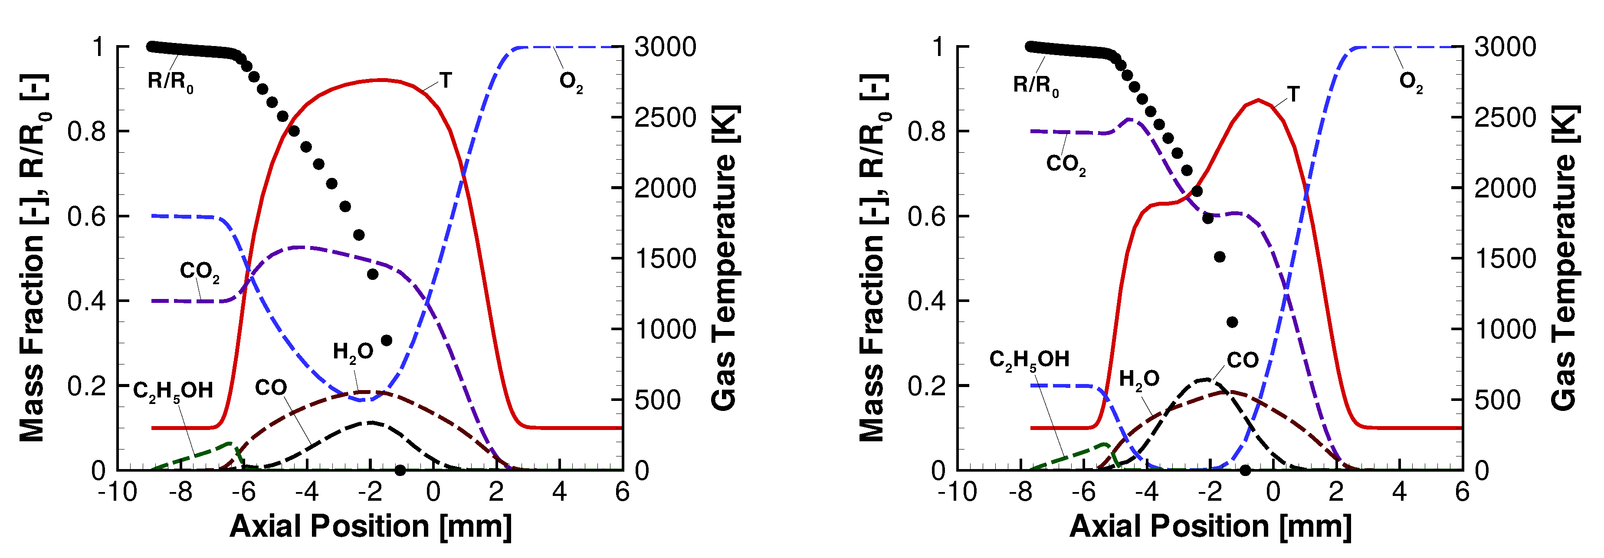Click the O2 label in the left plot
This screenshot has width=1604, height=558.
point(571,82)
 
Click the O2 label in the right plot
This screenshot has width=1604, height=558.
point(1411,82)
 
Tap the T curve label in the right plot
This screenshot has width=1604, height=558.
point(1293,94)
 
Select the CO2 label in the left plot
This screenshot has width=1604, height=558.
point(199,272)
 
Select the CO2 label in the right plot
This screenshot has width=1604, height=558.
point(1066,164)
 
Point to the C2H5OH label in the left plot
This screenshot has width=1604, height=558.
point(173,391)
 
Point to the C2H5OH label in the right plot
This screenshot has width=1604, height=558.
point(1029,360)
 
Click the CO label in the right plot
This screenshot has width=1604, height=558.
point(1242,360)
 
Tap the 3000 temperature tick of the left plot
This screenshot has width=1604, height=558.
point(665,47)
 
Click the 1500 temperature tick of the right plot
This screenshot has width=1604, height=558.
point(1505,259)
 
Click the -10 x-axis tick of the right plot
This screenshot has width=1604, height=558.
point(957,492)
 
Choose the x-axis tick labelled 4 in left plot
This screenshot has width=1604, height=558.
point(559,492)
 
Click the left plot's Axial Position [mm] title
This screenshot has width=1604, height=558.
point(371,527)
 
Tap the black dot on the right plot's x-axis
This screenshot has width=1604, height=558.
point(1245,470)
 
